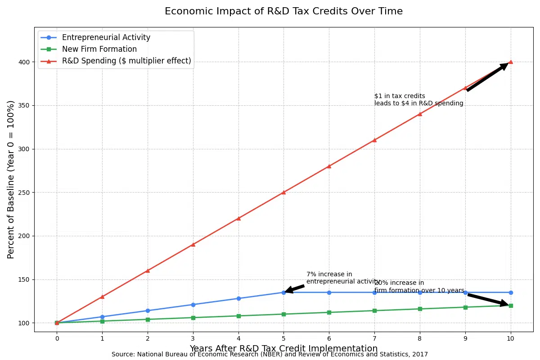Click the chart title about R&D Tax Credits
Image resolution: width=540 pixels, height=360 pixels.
click(283, 12)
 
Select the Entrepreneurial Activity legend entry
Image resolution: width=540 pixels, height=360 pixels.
click(106, 38)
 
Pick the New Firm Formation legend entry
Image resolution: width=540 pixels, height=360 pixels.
click(99, 49)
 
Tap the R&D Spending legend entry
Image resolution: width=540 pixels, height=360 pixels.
click(126, 61)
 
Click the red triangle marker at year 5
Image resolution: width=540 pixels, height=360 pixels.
click(283, 192)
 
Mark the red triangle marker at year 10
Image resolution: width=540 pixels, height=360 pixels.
click(510, 62)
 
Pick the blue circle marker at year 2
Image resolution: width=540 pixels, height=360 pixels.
click(148, 310)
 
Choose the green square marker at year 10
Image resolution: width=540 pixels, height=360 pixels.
click(510, 306)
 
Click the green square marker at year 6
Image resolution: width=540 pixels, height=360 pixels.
click(329, 312)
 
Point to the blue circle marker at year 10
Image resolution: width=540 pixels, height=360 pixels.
click(510, 292)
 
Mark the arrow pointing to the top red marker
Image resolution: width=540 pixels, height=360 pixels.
click(487, 77)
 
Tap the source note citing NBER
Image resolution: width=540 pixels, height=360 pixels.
click(270, 355)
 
